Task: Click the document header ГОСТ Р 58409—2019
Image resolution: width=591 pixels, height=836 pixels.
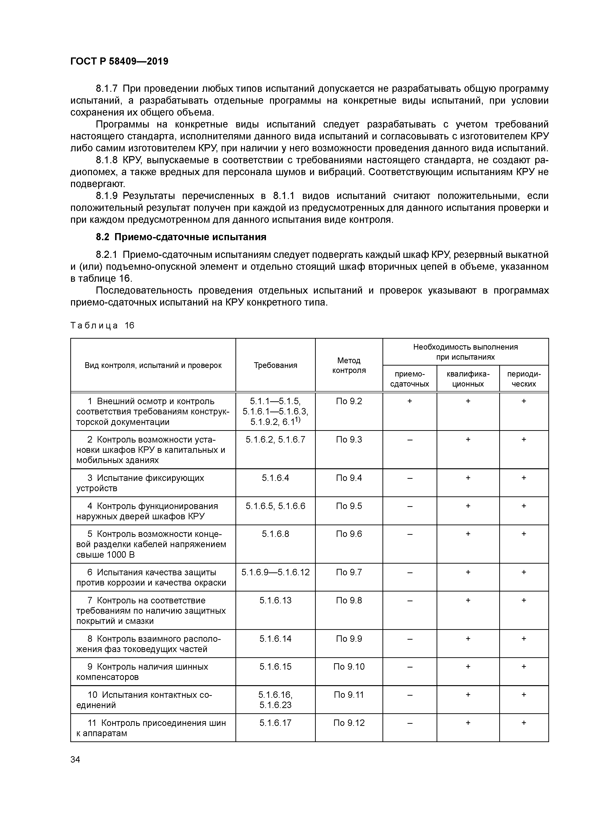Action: point(119,61)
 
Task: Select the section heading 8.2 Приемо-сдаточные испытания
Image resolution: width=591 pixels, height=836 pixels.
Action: point(181,237)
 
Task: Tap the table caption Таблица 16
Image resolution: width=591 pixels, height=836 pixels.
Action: point(102,325)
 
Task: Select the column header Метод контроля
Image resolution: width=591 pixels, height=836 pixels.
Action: point(349,365)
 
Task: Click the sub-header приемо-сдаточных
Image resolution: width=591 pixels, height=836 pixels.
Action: point(409,379)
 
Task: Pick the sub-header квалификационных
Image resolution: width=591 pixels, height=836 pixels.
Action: point(468,379)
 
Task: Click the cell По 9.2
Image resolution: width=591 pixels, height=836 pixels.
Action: point(349,401)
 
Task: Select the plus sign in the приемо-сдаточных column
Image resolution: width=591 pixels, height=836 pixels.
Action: point(410,401)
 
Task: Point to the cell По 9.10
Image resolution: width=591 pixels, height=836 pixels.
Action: point(349,667)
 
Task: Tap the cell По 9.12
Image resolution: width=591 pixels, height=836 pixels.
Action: point(349,723)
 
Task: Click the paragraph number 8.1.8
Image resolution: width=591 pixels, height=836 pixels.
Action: point(107,160)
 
